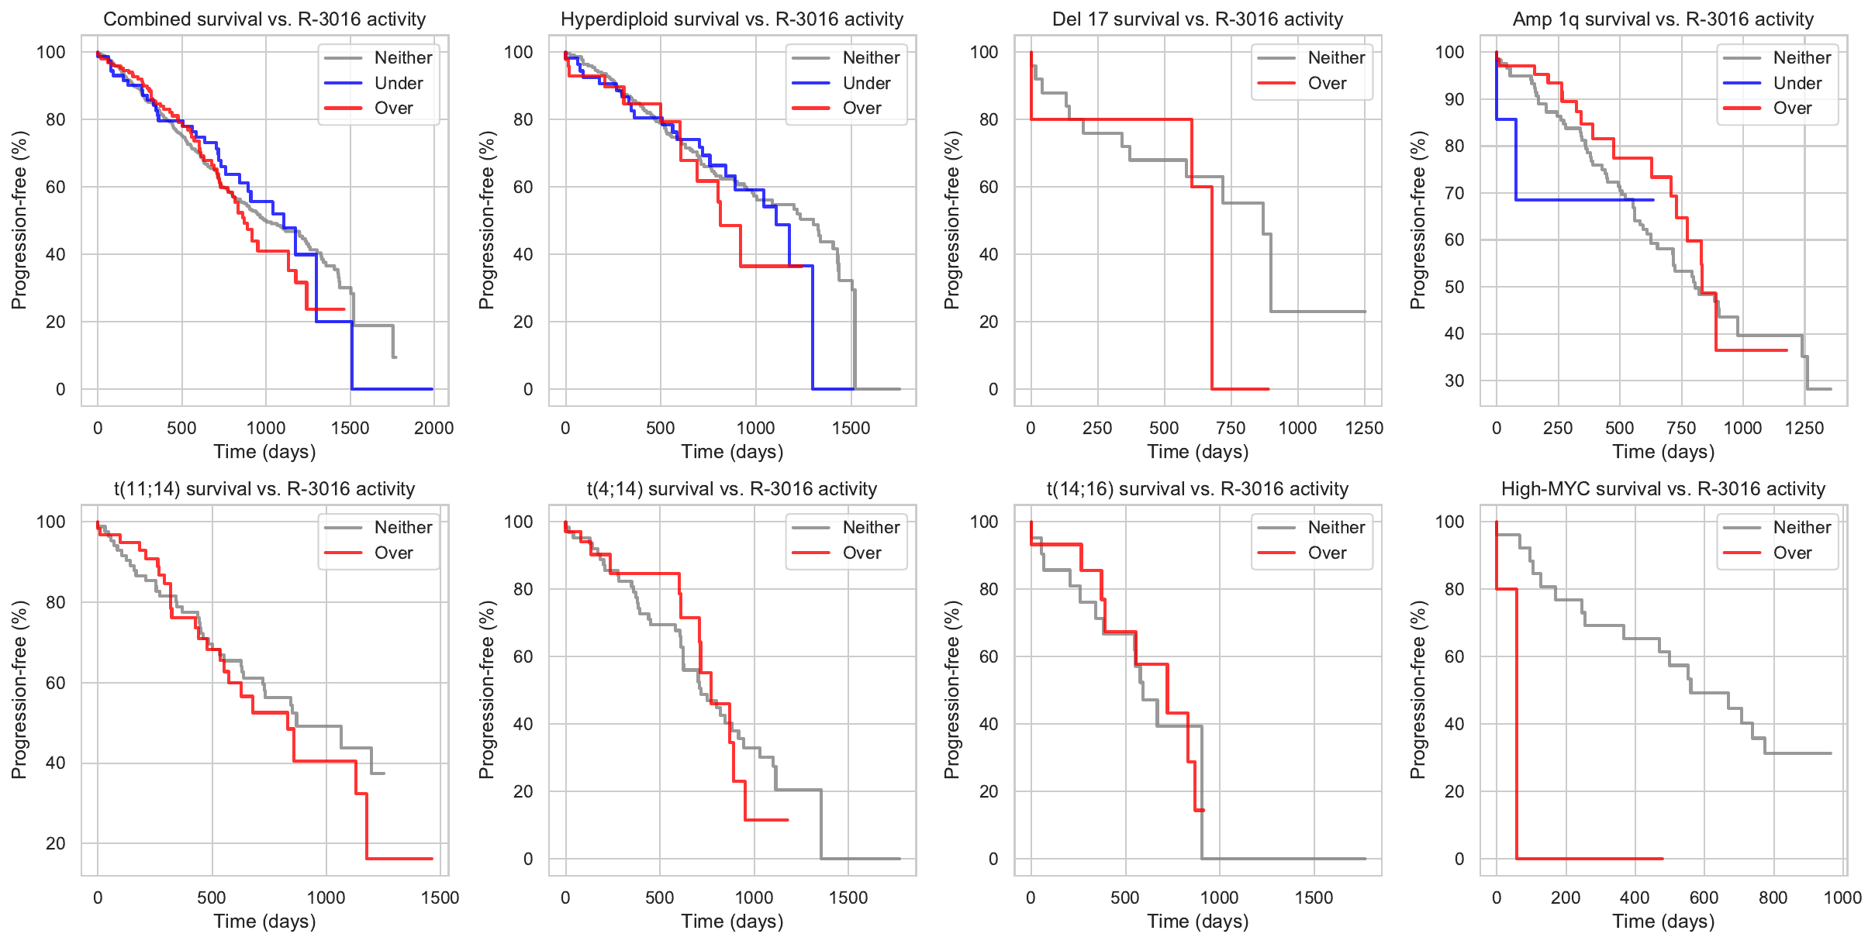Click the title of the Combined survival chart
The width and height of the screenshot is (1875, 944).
(264, 19)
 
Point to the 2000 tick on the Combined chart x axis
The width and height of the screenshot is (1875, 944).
(433, 428)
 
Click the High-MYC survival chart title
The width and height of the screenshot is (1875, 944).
(1663, 489)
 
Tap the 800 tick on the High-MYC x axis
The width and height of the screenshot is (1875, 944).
(1773, 897)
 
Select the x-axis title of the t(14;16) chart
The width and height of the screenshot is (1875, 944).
(1197, 921)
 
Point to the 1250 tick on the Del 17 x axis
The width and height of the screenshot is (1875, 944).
(1364, 428)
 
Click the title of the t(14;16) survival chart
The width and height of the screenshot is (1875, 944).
(1197, 489)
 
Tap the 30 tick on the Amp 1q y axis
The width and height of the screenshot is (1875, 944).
(1454, 381)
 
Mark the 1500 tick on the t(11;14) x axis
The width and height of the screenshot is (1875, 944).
(440, 897)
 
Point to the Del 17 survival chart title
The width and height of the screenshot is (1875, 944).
(1197, 19)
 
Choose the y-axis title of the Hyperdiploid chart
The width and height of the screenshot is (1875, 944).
(486, 220)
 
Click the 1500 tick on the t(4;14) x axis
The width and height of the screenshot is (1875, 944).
(848, 897)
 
